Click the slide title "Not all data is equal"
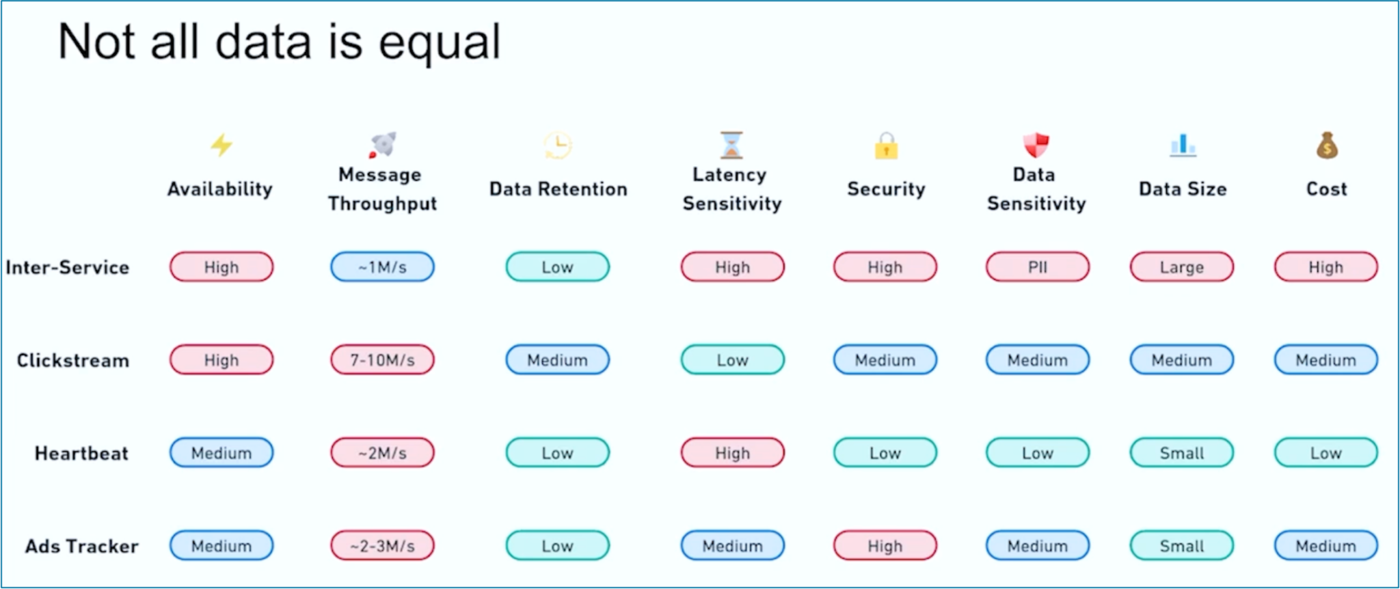point(280,42)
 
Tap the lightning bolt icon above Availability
point(221,145)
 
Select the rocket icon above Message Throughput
point(383,144)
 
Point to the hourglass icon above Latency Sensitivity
point(731,145)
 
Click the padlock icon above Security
point(886,146)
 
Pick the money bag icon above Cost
point(1327,145)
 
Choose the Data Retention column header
point(558,189)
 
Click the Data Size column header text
point(1183,189)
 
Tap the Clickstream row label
point(73,361)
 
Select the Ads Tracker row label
point(82,547)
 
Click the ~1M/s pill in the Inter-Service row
point(382,267)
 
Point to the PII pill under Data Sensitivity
point(1037,267)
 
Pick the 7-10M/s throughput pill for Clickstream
point(382,360)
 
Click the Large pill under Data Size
point(1181,267)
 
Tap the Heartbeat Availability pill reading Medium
point(221,453)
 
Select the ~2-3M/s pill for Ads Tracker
point(382,546)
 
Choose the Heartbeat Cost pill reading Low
point(1325,453)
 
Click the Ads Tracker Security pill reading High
point(885,546)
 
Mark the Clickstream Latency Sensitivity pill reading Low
point(732,360)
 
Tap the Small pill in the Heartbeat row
point(1181,453)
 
